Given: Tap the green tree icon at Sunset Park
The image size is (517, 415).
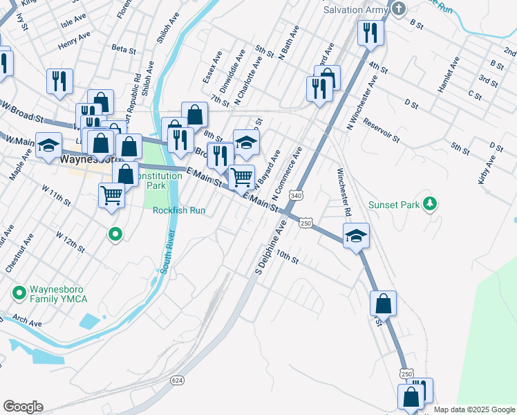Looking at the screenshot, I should tap(431, 203).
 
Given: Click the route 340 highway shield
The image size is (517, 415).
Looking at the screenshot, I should tap(297, 196).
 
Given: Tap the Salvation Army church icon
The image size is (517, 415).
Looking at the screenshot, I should tap(398, 8).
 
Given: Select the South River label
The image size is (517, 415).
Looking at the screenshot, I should tap(167, 252).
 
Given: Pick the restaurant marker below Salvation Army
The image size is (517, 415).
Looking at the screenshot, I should tap(370, 32).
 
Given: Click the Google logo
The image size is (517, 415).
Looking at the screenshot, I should tap(23, 407).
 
